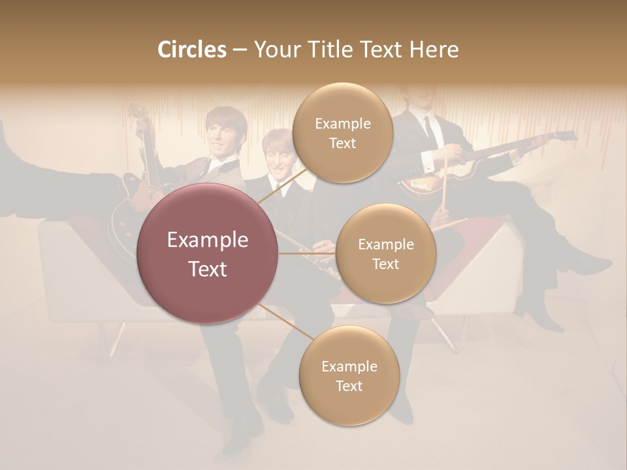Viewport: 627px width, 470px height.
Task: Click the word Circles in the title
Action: (191, 50)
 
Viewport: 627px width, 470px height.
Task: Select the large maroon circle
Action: (208, 253)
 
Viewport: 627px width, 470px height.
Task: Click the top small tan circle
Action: (342, 133)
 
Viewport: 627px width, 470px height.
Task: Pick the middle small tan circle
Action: (385, 253)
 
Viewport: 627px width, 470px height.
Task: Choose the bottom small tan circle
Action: (349, 375)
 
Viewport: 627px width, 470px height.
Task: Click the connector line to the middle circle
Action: (307, 253)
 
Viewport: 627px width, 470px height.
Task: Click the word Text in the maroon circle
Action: (208, 269)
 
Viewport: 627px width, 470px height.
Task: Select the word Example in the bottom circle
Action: (349, 366)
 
